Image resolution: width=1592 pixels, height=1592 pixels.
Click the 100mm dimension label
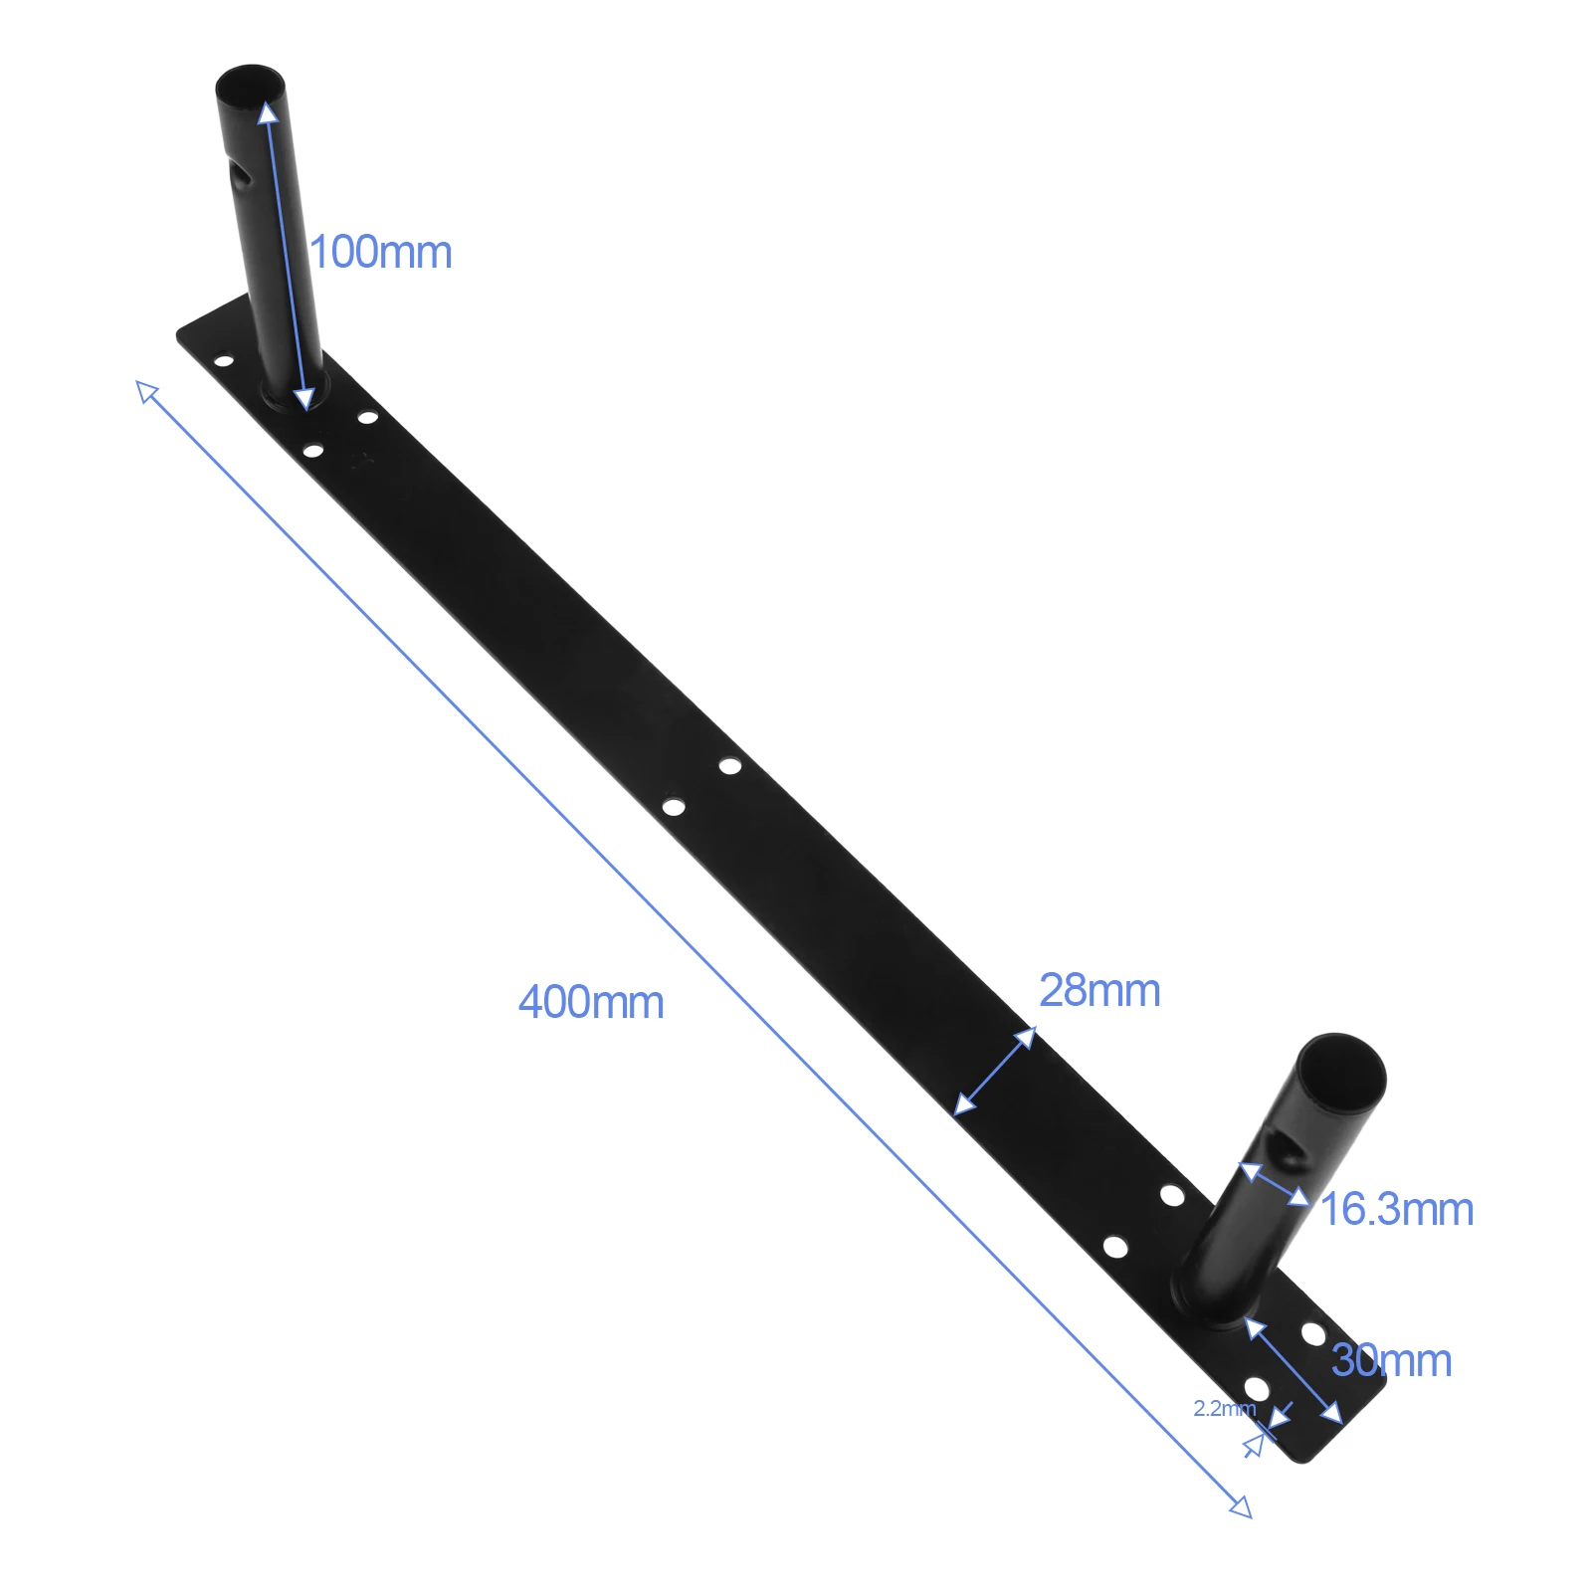point(381,253)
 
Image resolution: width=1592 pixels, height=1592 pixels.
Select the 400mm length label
point(591,1002)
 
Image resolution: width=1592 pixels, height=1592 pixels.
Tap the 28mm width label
point(1099,991)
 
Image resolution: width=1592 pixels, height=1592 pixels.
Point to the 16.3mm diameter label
point(1397,1210)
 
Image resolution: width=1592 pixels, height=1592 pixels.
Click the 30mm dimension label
point(1392,1360)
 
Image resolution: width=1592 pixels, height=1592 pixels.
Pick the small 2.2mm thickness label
point(1223,1409)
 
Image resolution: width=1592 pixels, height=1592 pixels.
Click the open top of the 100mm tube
point(250,81)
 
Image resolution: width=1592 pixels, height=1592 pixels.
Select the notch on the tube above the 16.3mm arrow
point(1291,1155)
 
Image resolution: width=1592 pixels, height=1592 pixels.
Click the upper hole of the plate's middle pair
point(730,766)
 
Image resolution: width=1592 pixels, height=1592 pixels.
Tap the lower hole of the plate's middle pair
point(674,806)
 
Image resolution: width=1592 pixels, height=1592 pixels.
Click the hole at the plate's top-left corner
point(224,360)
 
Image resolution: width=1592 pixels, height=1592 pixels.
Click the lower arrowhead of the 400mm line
point(1241,1507)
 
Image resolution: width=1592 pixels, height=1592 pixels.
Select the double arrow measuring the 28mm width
point(995,1072)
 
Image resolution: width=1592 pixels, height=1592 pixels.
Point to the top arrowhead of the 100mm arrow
point(268,110)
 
